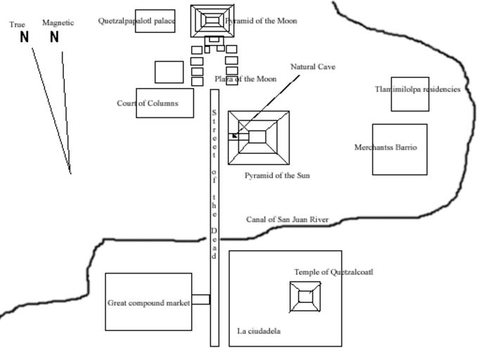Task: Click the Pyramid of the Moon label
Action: point(261,21)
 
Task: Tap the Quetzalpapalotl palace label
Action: point(137,20)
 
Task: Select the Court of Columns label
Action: point(148,103)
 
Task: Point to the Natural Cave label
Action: point(313,67)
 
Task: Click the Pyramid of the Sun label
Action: point(277,175)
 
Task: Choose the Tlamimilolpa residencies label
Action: point(417,89)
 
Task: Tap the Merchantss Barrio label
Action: point(386,148)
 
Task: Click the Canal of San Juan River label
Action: point(287,219)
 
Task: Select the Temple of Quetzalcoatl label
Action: point(329,272)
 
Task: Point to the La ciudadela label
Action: point(259,331)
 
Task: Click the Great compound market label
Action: point(149,303)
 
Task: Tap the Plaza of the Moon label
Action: point(245,79)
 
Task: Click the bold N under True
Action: point(25,37)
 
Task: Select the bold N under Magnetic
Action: point(54,37)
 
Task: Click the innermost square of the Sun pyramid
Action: point(258,136)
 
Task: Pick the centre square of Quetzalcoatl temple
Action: point(305,297)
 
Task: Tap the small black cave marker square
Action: point(234,136)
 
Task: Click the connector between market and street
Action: point(201,300)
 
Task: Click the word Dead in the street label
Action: point(214,243)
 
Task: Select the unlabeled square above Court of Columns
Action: point(169,72)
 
